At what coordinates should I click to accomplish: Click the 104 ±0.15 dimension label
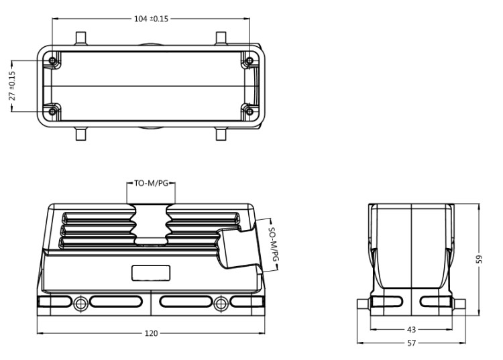point(152,18)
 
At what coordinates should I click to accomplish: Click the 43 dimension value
point(412,329)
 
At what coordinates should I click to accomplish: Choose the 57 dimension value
point(412,343)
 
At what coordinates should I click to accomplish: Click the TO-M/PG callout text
point(152,182)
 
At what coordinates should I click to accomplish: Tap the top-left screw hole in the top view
point(53,62)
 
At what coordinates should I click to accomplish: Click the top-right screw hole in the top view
point(249,62)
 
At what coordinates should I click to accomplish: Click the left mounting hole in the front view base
point(81,304)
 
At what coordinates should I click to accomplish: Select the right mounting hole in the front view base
point(221,304)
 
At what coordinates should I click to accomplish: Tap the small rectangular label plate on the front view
point(151,273)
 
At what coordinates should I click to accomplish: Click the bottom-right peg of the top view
point(221,133)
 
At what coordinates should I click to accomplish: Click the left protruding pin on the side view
point(364,304)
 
